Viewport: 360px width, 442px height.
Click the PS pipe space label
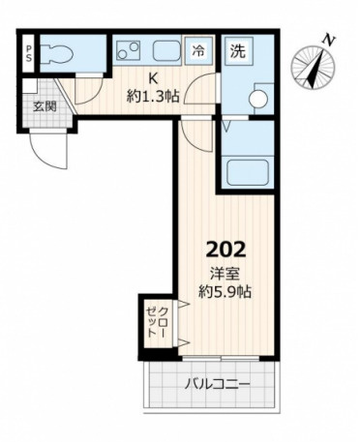coord(29,53)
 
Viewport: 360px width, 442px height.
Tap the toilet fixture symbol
coord(57,53)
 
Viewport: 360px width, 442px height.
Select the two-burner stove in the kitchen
coord(128,50)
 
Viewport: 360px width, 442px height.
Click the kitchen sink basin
coord(166,50)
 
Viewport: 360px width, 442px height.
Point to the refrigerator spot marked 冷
coord(198,50)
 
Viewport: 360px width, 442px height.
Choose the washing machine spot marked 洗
coord(238,51)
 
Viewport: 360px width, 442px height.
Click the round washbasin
coord(258,99)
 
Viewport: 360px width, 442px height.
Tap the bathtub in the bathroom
coord(248,172)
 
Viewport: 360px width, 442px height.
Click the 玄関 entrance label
coord(45,106)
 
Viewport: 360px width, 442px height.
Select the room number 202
coord(226,250)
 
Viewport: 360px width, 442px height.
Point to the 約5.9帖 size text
coord(225,292)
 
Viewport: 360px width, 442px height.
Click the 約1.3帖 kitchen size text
coord(153,96)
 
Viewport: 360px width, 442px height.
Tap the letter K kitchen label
coord(153,78)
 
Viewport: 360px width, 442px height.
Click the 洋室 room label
coord(225,275)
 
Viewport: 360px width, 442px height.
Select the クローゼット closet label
coord(157,322)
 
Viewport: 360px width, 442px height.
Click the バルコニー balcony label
coord(218,384)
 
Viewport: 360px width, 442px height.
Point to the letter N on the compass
coord(329,41)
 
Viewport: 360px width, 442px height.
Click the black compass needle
coord(315,68)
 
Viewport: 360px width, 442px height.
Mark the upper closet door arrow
coord(183,304)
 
